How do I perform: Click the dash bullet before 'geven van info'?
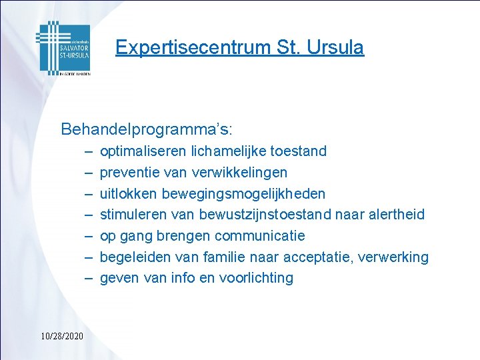coord(89,278)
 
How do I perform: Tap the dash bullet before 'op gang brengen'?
coord(89,236)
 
